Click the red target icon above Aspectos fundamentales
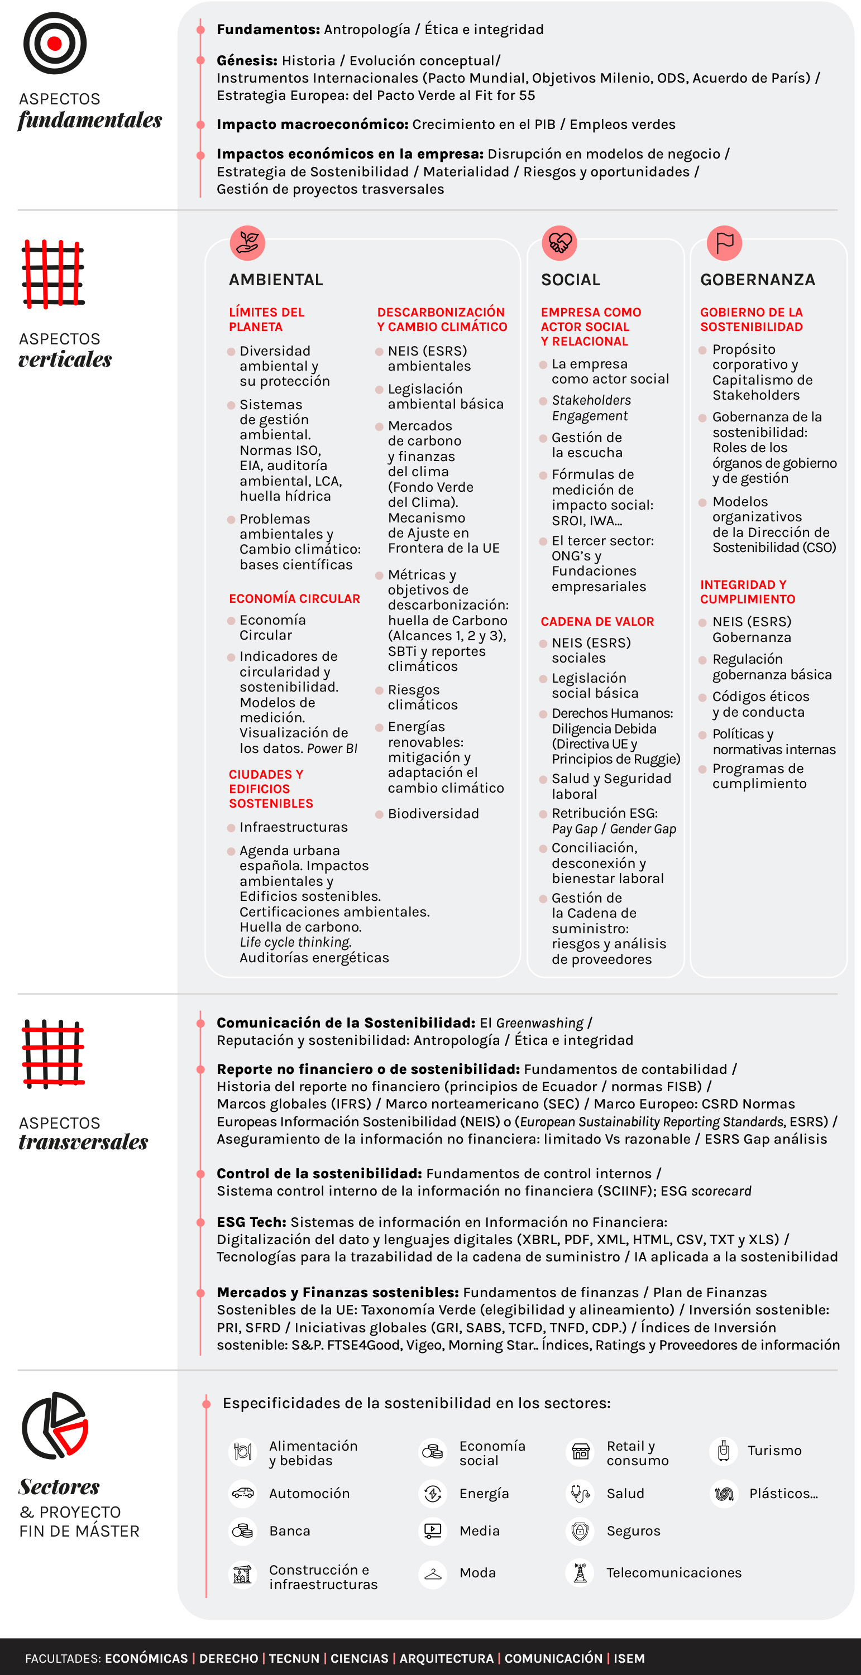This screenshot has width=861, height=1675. point(55,44)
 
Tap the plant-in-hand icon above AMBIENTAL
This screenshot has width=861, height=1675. point(247,243)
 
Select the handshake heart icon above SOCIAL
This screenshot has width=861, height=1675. point(559,243)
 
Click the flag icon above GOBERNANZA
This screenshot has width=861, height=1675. point(724,243)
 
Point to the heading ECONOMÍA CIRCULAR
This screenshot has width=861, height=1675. point(294,599)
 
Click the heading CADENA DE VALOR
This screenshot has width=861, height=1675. point(597,622)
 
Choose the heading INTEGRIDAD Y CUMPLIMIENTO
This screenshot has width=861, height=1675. point(747,592)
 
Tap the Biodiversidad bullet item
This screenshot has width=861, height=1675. point(433,813)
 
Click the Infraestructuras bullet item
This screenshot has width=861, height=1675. point(293,827)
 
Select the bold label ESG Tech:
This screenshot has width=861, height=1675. point(251,1222)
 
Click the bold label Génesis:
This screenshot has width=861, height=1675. point(247,60)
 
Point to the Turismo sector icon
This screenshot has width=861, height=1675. point(723,1451)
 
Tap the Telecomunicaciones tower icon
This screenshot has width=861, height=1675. point(580,1573)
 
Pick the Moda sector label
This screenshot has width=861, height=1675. point(477,1573)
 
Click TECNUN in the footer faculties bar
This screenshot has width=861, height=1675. point(294,1658)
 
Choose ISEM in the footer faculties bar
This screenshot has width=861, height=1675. point(629,1658)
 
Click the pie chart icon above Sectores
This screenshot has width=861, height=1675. point(55,1426)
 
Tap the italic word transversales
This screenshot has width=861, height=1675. point(83,1142)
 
